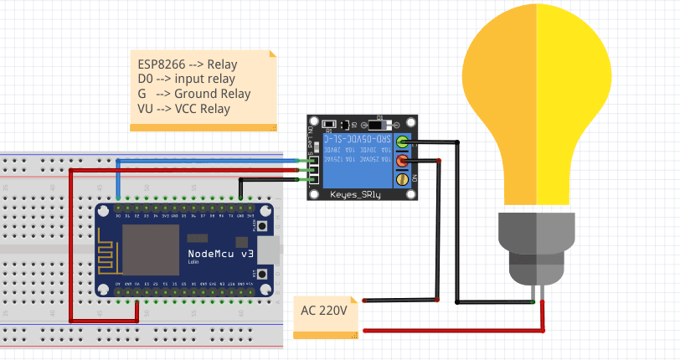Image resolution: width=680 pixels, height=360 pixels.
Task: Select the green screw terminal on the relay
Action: (x=403, y=141)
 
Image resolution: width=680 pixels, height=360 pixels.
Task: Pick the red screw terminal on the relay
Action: (x=403, y=160)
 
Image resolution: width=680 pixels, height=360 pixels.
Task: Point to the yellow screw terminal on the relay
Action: (x=403, y=178)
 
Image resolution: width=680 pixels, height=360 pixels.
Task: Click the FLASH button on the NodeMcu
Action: (x=263, y=225)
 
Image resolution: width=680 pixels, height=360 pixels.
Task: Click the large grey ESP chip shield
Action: (x=151, y=249)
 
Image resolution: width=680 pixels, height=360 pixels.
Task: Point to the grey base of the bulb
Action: (x=537, y=247)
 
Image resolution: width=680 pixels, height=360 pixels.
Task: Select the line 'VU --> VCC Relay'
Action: (x=183, y=109)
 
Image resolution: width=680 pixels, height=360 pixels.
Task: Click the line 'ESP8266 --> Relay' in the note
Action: (x=188, y=63)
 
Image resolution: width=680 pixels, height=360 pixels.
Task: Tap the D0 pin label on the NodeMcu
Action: (x=118, y=214)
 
